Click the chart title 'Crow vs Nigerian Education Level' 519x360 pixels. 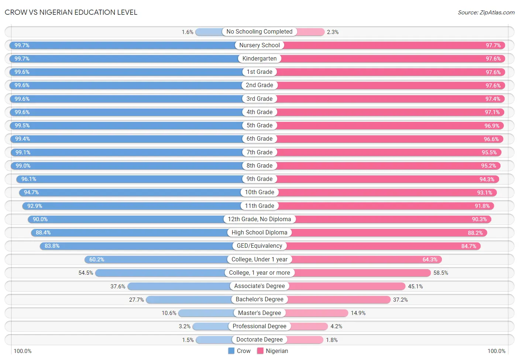click(71, 12)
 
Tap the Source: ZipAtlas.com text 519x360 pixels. click(486, 13)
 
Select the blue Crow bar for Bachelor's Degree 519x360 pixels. click(189, 299)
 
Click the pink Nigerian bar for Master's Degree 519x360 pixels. click(316, 313)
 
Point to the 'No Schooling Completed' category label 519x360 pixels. click(259, 31)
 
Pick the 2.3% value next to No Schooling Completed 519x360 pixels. click(333, 32)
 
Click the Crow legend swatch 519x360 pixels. click(231, 351)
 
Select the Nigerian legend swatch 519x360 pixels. click(260, 351)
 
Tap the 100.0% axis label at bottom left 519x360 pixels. click(23, 351)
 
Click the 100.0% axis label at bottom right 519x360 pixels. click(496, 351)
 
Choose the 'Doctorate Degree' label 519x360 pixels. click(259, 340)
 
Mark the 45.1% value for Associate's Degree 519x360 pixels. click(415, 287)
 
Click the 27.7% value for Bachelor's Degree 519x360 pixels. click(137, 300)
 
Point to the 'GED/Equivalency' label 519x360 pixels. click(259, 246)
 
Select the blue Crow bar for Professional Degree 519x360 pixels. click(211, 326)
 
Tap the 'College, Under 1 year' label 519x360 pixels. click(259, 259)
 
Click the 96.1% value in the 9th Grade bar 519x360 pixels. click(29, 179)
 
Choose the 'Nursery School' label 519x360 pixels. click(259, 45)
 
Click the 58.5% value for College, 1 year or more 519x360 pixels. click(441, 273)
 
